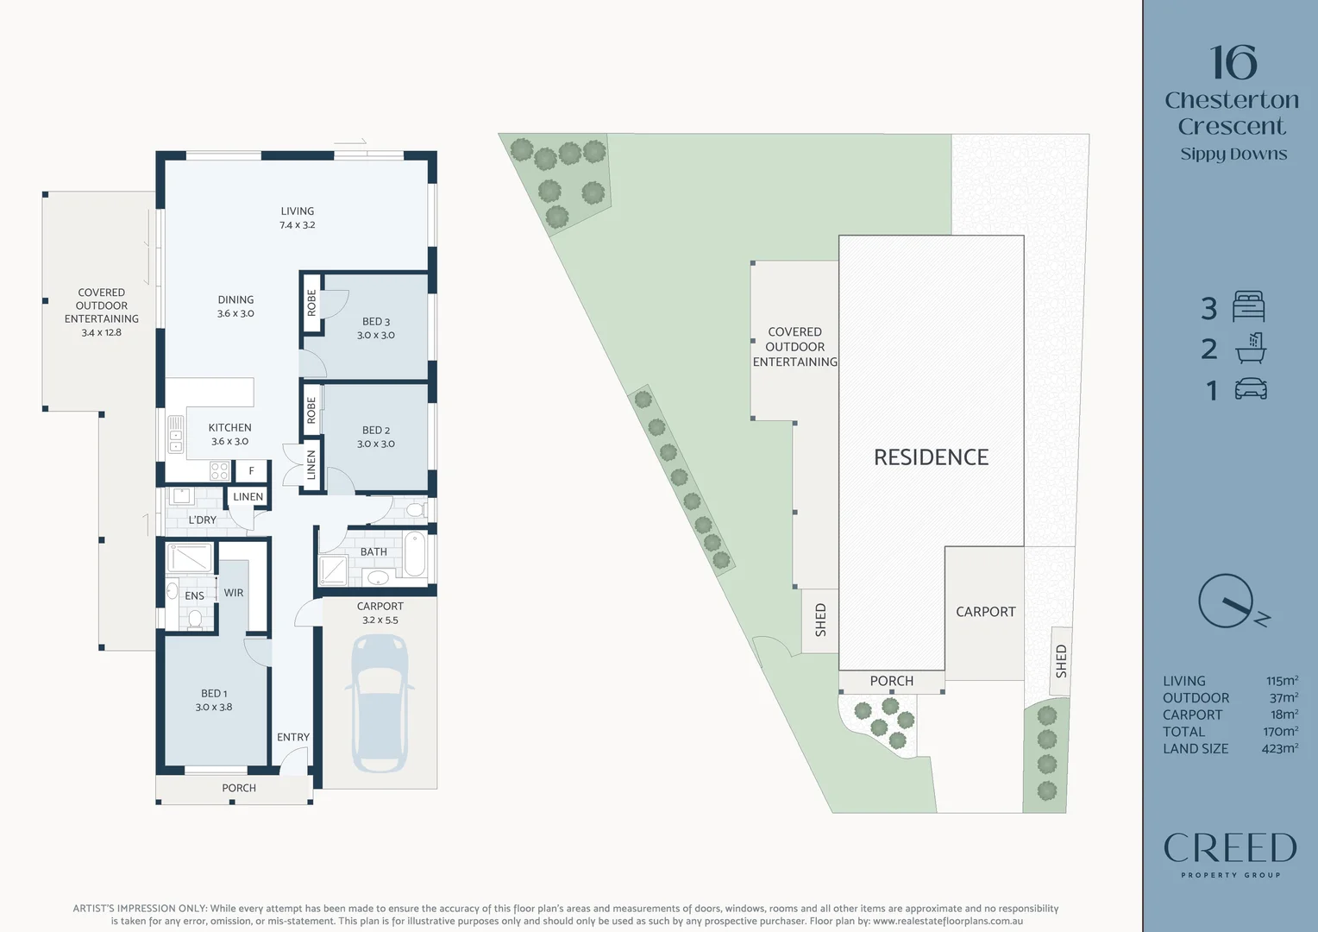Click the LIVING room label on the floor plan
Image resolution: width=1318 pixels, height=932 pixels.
(297, 211)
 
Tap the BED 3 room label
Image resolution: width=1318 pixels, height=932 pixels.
(376, 322)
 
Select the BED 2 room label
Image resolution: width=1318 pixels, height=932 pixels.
(376, 431)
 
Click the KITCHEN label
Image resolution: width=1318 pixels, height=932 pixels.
(229, 428)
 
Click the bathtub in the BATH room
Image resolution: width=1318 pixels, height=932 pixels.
(416, 555)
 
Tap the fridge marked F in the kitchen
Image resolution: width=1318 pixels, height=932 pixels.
(251, 471)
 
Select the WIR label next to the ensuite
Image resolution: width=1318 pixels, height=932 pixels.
(234, 593)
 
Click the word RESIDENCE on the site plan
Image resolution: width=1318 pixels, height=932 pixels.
(931, 457)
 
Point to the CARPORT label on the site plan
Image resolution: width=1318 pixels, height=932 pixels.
(985, 612)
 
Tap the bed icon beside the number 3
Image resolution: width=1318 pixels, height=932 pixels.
(1248, 306)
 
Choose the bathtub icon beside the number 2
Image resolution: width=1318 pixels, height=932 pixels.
(1250, 348)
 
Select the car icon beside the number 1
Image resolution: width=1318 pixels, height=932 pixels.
(1250, 389)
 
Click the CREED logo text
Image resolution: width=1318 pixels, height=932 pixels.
(1230, 848)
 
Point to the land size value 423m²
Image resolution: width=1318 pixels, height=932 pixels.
(1279, 749)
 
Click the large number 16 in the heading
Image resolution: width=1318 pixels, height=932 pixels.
(1233, 63)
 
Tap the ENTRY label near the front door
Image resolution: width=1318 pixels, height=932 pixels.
(293, 737)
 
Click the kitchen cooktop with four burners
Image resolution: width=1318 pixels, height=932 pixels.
(219, 471)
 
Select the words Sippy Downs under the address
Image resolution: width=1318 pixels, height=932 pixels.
(1233, 154)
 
